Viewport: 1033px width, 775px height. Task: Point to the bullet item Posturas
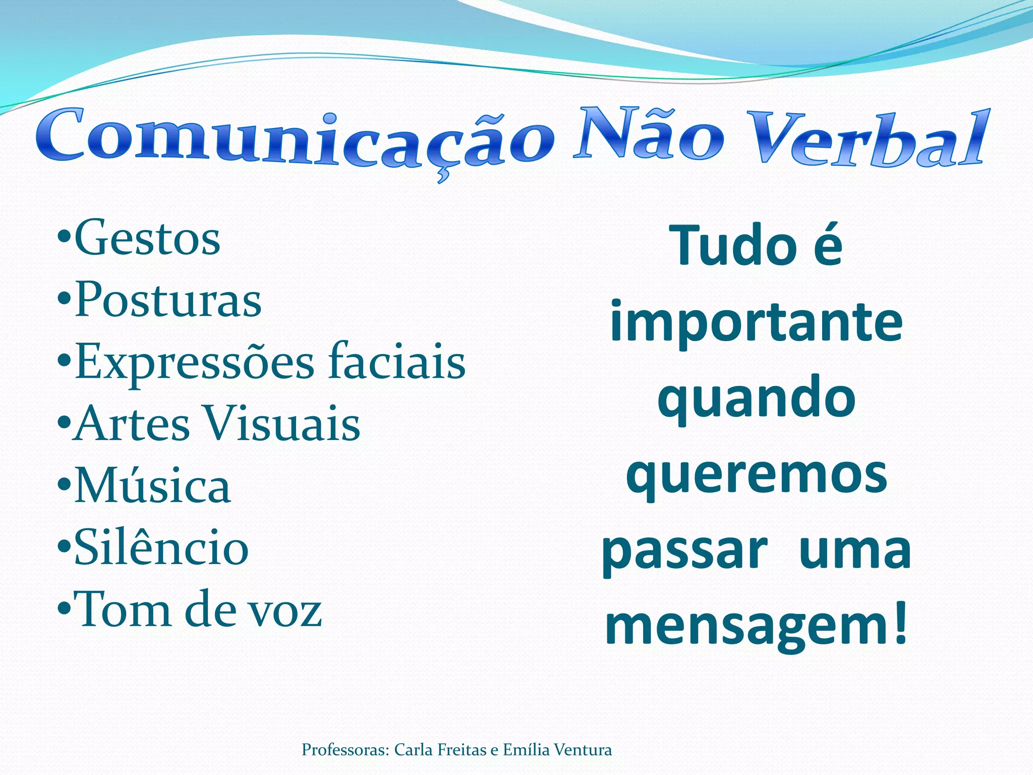[167, 301]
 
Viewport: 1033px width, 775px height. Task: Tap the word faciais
[396, 361]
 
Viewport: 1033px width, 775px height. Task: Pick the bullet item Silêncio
[161, 548]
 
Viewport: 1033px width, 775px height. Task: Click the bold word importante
[756, 323]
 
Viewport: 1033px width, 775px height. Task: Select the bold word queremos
[756, 476]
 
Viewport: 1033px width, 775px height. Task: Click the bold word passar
[684, 551]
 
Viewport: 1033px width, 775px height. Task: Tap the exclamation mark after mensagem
[899, 624]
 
